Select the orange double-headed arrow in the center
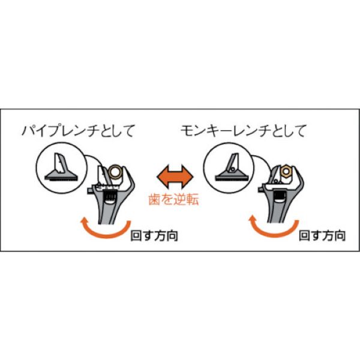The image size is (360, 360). click(x=174, y=177)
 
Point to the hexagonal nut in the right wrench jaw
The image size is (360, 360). click(x=284, y=172)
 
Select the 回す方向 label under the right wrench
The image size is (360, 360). click(x=322, y=236)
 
